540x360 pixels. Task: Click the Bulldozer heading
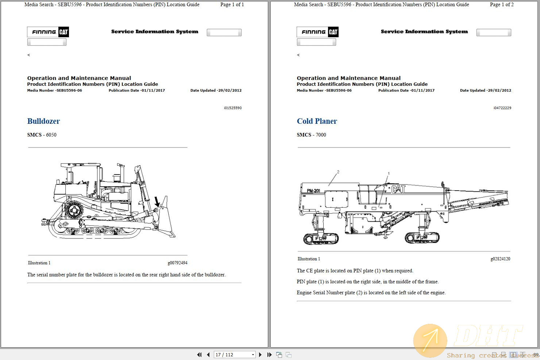click(x=43, y=121)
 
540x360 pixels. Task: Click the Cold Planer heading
click(x=317, y=121)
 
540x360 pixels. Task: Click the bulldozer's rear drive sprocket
click(x=74, y=211)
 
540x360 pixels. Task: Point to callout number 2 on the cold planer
click(x=338, y=172)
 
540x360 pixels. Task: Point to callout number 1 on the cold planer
click(x=389, y=174)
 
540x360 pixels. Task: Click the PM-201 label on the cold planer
click(x=313, y=191)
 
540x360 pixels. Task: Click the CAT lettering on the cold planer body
click(x=398, y=189)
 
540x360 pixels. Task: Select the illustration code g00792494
click(x=177, y=263)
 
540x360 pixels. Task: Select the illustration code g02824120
click(x=500, y=259)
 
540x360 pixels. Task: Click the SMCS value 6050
click(x=51, y=135)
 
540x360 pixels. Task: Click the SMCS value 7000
click(x=321, y=135)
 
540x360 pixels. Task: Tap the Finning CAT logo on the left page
click(x=48, y=32)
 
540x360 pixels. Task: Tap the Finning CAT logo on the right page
click(x=318, y=32)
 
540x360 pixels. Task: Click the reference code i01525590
click(x=232, y=108)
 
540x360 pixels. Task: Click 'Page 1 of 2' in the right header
click(x=501, y=5)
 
